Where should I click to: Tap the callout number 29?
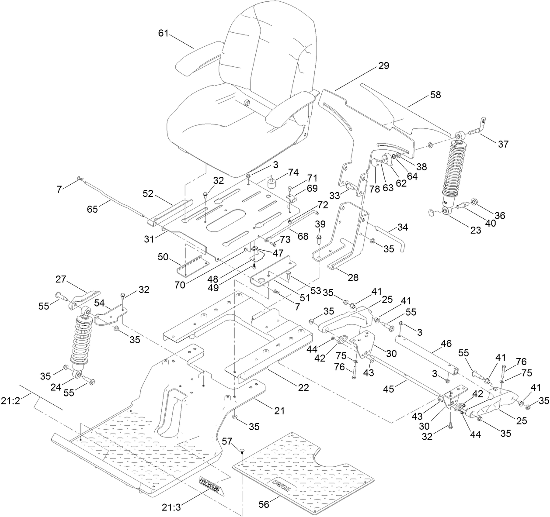point(383,66)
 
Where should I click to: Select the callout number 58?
point(423,95)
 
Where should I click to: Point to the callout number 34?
point(403,227)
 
